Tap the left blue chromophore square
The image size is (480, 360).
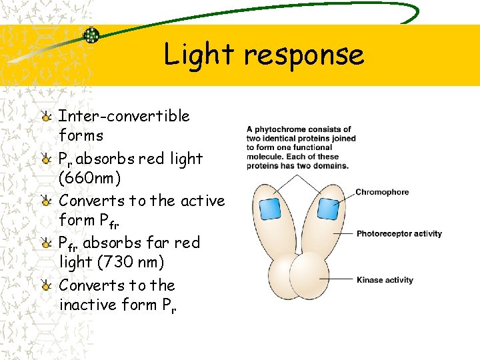(x=269, y=209)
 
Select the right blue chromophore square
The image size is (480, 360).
(x=327, y=209)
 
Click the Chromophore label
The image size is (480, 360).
(x=382, y=193)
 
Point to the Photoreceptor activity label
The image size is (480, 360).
(x=399, y=234)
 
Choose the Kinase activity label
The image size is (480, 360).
(x=385, y=280)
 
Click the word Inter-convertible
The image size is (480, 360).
(x=124, y=116)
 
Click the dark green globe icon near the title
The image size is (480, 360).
(x=91, y=35)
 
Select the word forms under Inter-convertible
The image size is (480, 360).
(x=81, y=135)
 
